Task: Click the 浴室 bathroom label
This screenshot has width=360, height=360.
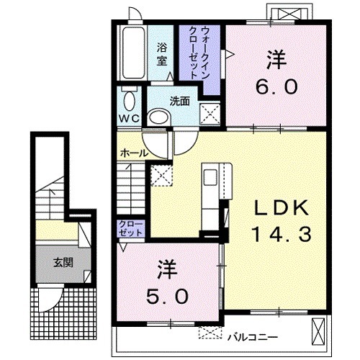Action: tap(161, 54)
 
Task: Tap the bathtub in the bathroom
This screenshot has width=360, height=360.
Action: tap(134, 53)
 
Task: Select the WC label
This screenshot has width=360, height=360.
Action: tap(130, 118)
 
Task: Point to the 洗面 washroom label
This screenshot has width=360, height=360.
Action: tap(180, 102)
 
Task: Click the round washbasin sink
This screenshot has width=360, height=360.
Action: tap(160, 117)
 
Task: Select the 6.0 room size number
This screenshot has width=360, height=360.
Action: tap(276, 87)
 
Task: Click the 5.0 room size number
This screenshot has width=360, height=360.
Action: tap(167, 296)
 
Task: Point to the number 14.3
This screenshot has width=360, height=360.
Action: tap(282, 234)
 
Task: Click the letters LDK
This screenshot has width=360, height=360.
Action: tap(282, 208)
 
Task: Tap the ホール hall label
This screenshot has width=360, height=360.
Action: tap(134, 153)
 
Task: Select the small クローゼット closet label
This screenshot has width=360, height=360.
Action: tap(131, 229)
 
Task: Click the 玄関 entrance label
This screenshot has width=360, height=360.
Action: tap(63, 263)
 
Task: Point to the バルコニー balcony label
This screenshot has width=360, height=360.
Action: tap(253, 338)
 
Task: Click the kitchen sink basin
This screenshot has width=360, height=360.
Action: tap(210, 177)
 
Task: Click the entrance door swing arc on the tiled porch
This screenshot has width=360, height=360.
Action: tap(55, 304)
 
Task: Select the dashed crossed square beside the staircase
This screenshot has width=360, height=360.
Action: tap(161, 176)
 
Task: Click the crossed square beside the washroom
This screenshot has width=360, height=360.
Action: tap(210, 114)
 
